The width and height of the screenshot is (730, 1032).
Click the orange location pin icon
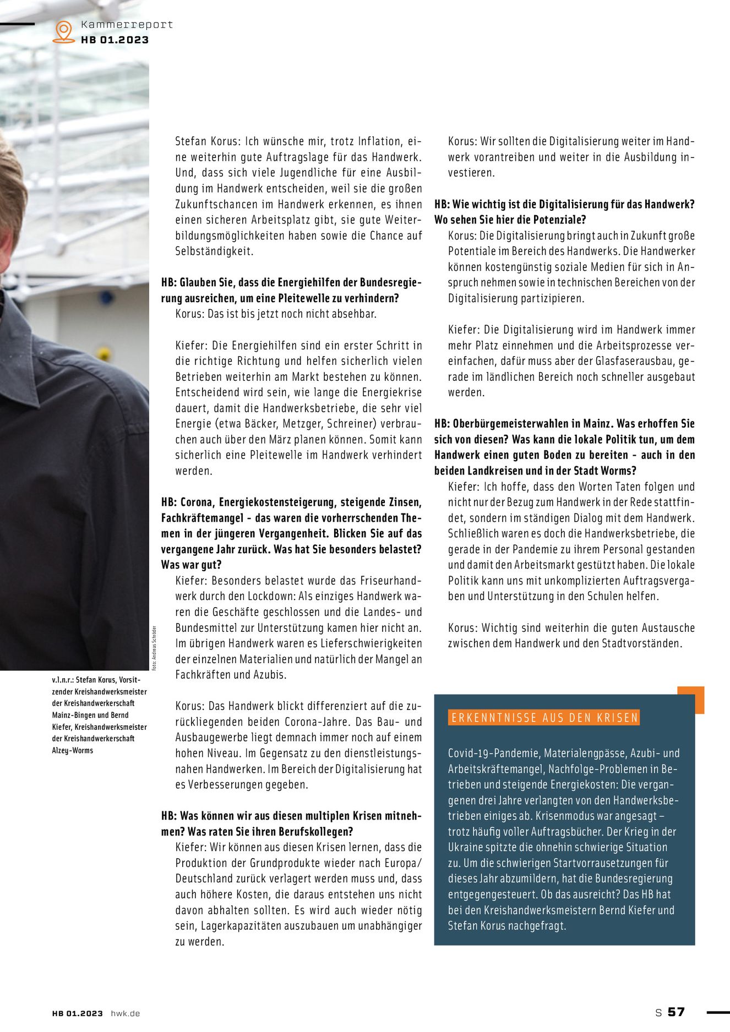coord(64,31)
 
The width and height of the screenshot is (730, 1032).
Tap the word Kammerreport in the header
coord(127,24)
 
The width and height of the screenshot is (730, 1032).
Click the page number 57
coord(676,1012)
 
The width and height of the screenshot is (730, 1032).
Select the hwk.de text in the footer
coord(126,1013)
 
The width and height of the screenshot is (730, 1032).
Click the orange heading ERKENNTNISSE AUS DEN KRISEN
coord(544,718)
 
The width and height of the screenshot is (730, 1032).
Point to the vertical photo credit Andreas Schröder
coord(155,647)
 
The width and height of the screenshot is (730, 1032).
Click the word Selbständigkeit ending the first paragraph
coord(214,251)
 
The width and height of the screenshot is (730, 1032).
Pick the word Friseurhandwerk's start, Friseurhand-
coord(391,581)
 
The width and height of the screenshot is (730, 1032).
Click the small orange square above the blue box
coord(691,700)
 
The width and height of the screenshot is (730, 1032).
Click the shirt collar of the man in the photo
coord(22,352)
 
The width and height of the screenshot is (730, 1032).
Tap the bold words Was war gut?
coord(192,565)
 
